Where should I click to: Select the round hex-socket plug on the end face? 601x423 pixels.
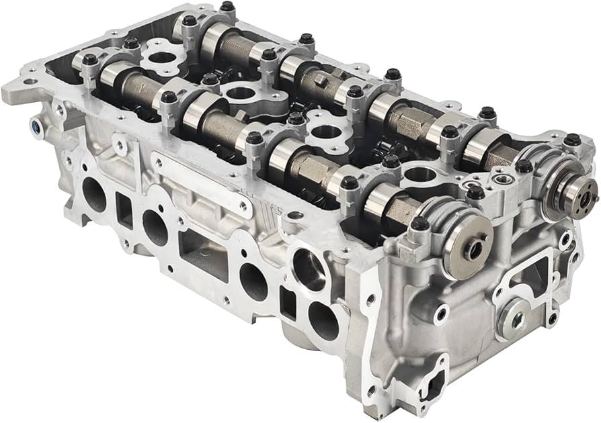514,318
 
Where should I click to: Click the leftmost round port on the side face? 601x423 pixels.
93,195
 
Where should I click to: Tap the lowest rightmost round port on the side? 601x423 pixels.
323,320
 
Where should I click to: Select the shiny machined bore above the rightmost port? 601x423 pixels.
309,270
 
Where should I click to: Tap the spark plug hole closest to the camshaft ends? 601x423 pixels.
419,175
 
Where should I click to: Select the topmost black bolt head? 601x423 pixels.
227,7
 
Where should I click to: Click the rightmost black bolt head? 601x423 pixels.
572,140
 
